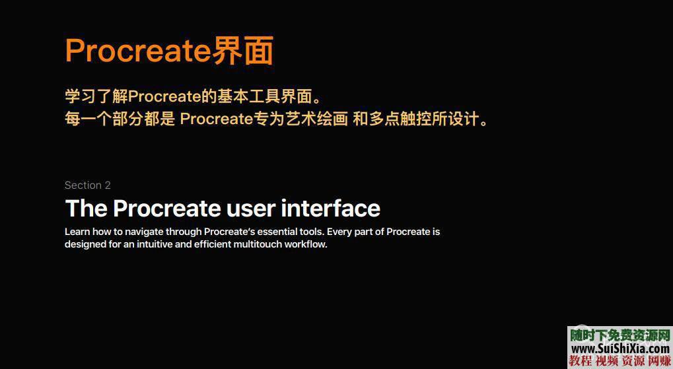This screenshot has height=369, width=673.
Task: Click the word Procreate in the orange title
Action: coord(137,51)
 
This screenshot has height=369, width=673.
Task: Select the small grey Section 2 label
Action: coord(88,185)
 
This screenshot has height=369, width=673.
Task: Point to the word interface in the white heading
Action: coord(330,209)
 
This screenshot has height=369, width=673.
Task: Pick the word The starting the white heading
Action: coord(86,209)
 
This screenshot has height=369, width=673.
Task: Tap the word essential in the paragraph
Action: coord(269,232)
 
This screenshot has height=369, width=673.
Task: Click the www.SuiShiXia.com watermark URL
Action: coord(620,348)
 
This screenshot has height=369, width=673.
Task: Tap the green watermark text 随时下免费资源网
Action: coord(620,335)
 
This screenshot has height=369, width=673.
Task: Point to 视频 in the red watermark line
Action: coord(608,360)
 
